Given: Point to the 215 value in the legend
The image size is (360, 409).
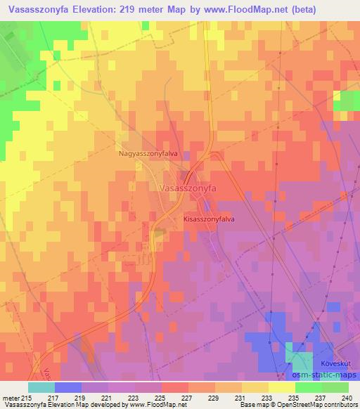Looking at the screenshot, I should (x=27, y=399).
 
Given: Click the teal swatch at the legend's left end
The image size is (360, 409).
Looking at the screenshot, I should (x=41, y=387).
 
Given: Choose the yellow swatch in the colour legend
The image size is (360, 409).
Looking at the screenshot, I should (x=281, y=387).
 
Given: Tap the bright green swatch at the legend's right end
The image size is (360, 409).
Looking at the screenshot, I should (x=335, y=387).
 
